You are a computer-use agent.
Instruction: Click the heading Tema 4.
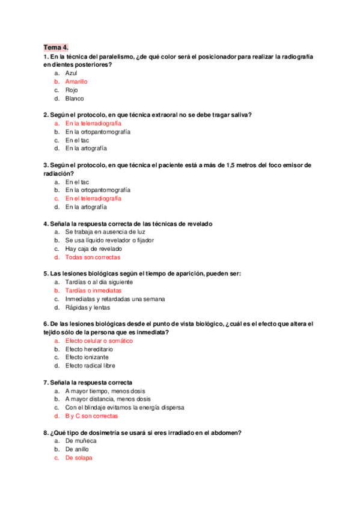tap(56, 46)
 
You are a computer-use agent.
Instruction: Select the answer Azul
tap(72, 73)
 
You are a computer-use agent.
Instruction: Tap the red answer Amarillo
tap(76, 81)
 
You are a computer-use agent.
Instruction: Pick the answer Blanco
tap(75, 98)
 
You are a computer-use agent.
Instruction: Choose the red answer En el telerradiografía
tap(93, 198)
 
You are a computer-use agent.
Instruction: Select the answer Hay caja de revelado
tap(93, 248)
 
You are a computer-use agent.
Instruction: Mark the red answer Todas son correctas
tap(93, 257)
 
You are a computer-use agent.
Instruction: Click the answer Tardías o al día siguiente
tap(99, 281)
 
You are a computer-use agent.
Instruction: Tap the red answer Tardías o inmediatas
tap(93, 290)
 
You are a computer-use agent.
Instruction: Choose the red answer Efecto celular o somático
tap(99, 340)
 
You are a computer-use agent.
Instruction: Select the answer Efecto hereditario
tap(89, 349)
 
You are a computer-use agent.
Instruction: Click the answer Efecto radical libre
tap(90, 365)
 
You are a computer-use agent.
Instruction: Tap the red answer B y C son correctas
tap(91, 416)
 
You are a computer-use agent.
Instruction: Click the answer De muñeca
tap(81, 440)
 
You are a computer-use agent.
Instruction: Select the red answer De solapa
tap(79, 457)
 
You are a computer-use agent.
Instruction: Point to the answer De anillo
tap(78, 449)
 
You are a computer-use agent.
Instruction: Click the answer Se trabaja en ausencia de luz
tap(105, 232)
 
